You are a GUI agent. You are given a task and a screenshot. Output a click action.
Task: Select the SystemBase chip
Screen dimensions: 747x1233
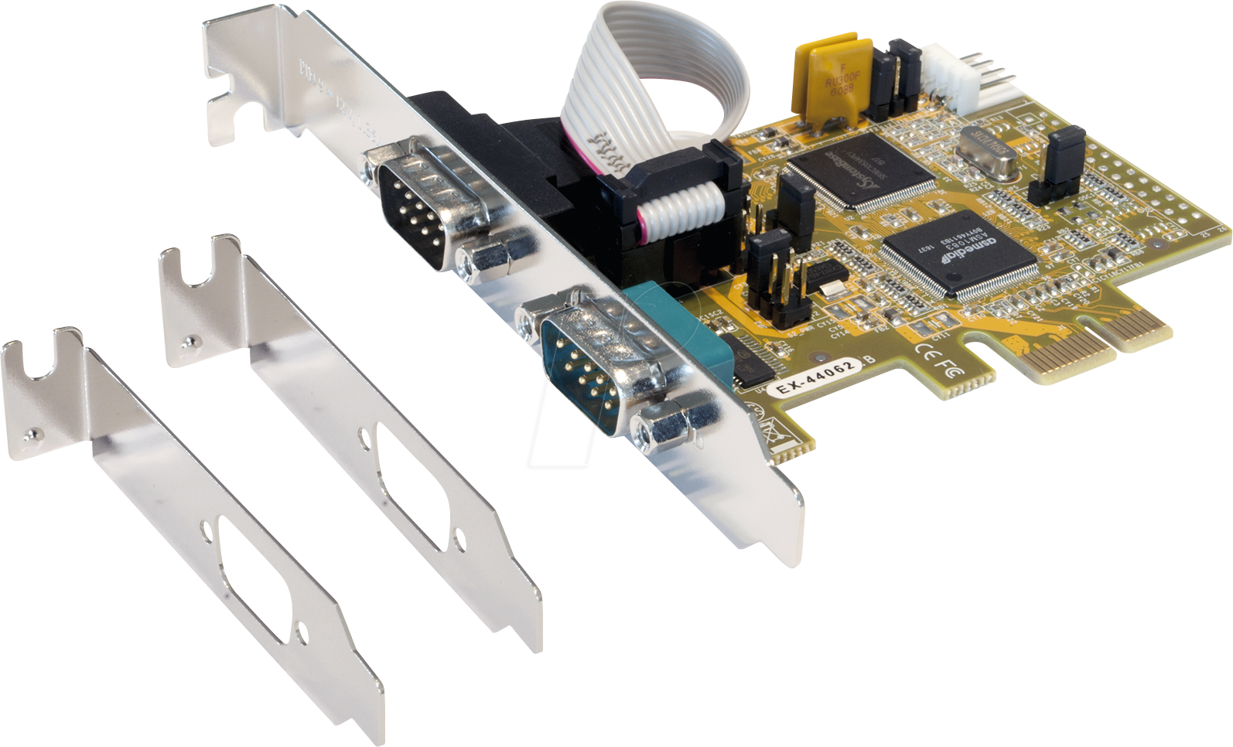862,172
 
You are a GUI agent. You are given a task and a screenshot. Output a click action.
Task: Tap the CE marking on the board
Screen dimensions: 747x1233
928,352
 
